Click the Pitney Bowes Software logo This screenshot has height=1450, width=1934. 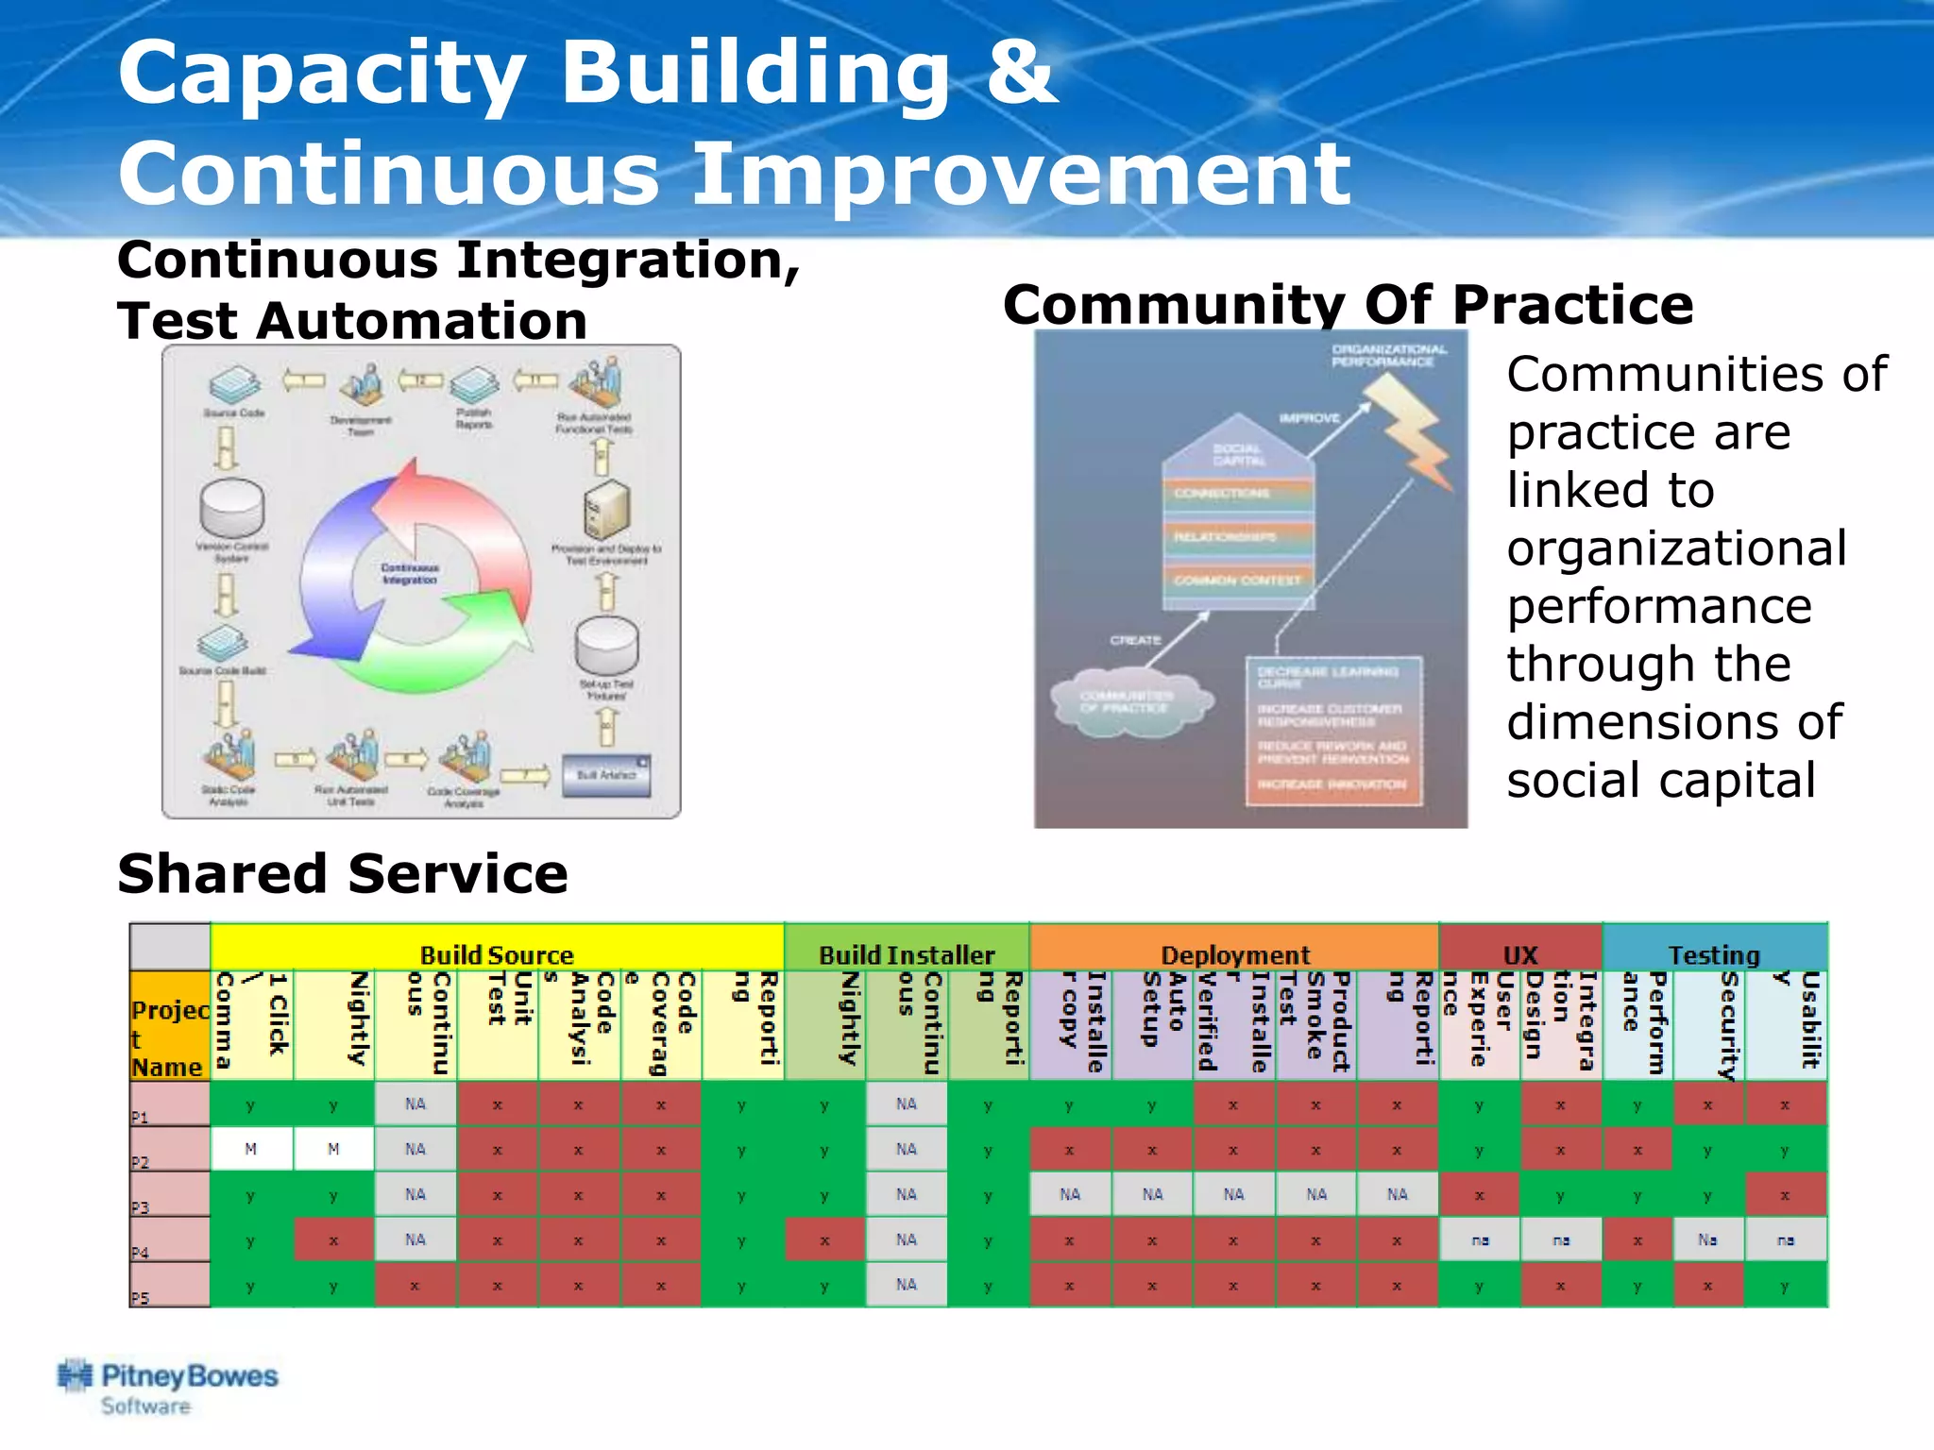pos(168,1387)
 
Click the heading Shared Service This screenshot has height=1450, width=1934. pos(342,873)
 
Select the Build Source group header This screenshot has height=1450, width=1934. pos(497,954)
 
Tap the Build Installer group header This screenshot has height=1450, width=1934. pos(907,954)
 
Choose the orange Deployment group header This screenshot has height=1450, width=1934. pos(1234,954)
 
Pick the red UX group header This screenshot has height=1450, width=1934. pos(1520,954)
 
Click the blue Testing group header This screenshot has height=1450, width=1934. pos(1714,954)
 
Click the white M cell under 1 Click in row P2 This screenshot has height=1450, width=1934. pos(250,1149)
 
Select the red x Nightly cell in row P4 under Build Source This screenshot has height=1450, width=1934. pos(333,1240)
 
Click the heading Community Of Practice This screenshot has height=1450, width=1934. pos(1348,304)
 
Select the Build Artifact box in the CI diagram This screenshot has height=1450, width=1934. pos(606,775)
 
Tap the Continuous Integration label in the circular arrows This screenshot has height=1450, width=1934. pos(410,573)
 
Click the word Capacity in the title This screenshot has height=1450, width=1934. pos(321,74)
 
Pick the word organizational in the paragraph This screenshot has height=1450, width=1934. pos(1676,548)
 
